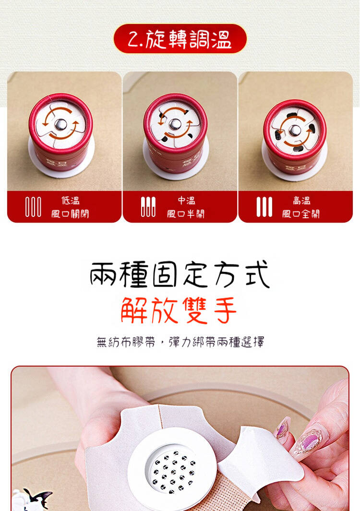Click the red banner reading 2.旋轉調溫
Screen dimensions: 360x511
tap(180, 38)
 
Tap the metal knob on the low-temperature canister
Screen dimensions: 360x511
tap(60, 124)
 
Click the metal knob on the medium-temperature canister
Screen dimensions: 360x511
tap(175, 124)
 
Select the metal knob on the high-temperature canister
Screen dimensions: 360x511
tap(295, 130)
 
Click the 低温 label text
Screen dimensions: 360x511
tap(71, 200)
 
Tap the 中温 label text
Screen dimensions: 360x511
tap(187, 200)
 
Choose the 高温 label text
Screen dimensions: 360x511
tap(301, 200)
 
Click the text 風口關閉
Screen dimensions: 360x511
tap(70, 214)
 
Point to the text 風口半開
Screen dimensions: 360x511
tap(186, 214)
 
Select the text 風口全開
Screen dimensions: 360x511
tap(300, 214)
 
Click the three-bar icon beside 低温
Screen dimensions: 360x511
tap(33, 207)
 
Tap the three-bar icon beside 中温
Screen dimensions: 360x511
tap(148, 207)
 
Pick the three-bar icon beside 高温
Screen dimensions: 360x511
tap(264, 207)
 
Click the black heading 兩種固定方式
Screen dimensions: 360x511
tap(180, 274)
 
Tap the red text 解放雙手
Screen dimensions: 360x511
tap(179, 310)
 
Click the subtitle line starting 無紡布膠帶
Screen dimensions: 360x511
tap(180, 342)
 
